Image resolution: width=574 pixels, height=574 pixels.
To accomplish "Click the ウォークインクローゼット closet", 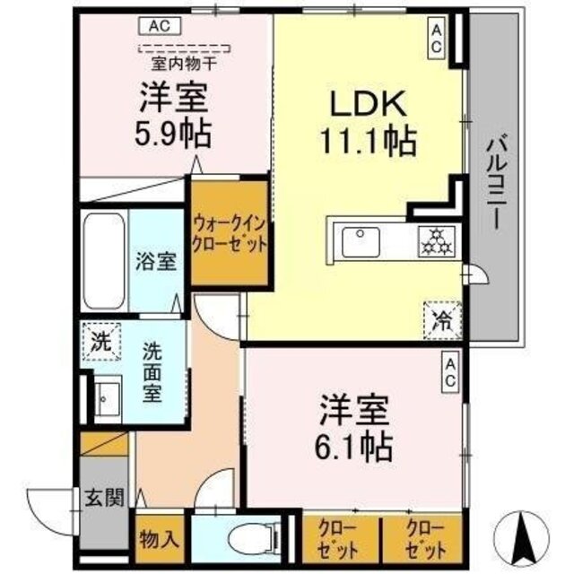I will (230, 233).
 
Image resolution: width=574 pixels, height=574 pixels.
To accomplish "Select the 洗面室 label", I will (157, 371).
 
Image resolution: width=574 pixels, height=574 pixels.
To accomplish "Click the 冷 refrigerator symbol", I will (443, 317).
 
